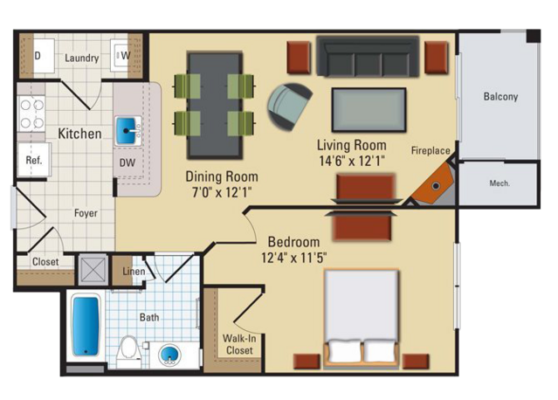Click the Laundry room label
pos(81,58)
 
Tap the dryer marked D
pos(44,56)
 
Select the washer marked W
pos(121,56)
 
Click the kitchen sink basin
pos(126,131)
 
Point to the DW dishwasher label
pos(127,162)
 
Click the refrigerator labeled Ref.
pos(34,160)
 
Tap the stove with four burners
pos(31,114)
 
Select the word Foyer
pos(86,213)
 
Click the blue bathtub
pos(86,327)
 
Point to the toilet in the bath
pos(128,350)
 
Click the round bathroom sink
pos(169,355)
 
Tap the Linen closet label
pos(134,271)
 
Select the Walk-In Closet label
pos(239,344)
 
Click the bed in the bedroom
pos(362,318)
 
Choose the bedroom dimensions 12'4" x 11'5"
pos(294,257)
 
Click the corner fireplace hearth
pos(435,184)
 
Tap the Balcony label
pos(500,96)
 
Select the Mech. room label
pos(499,183)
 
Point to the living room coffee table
pos(369,110)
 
